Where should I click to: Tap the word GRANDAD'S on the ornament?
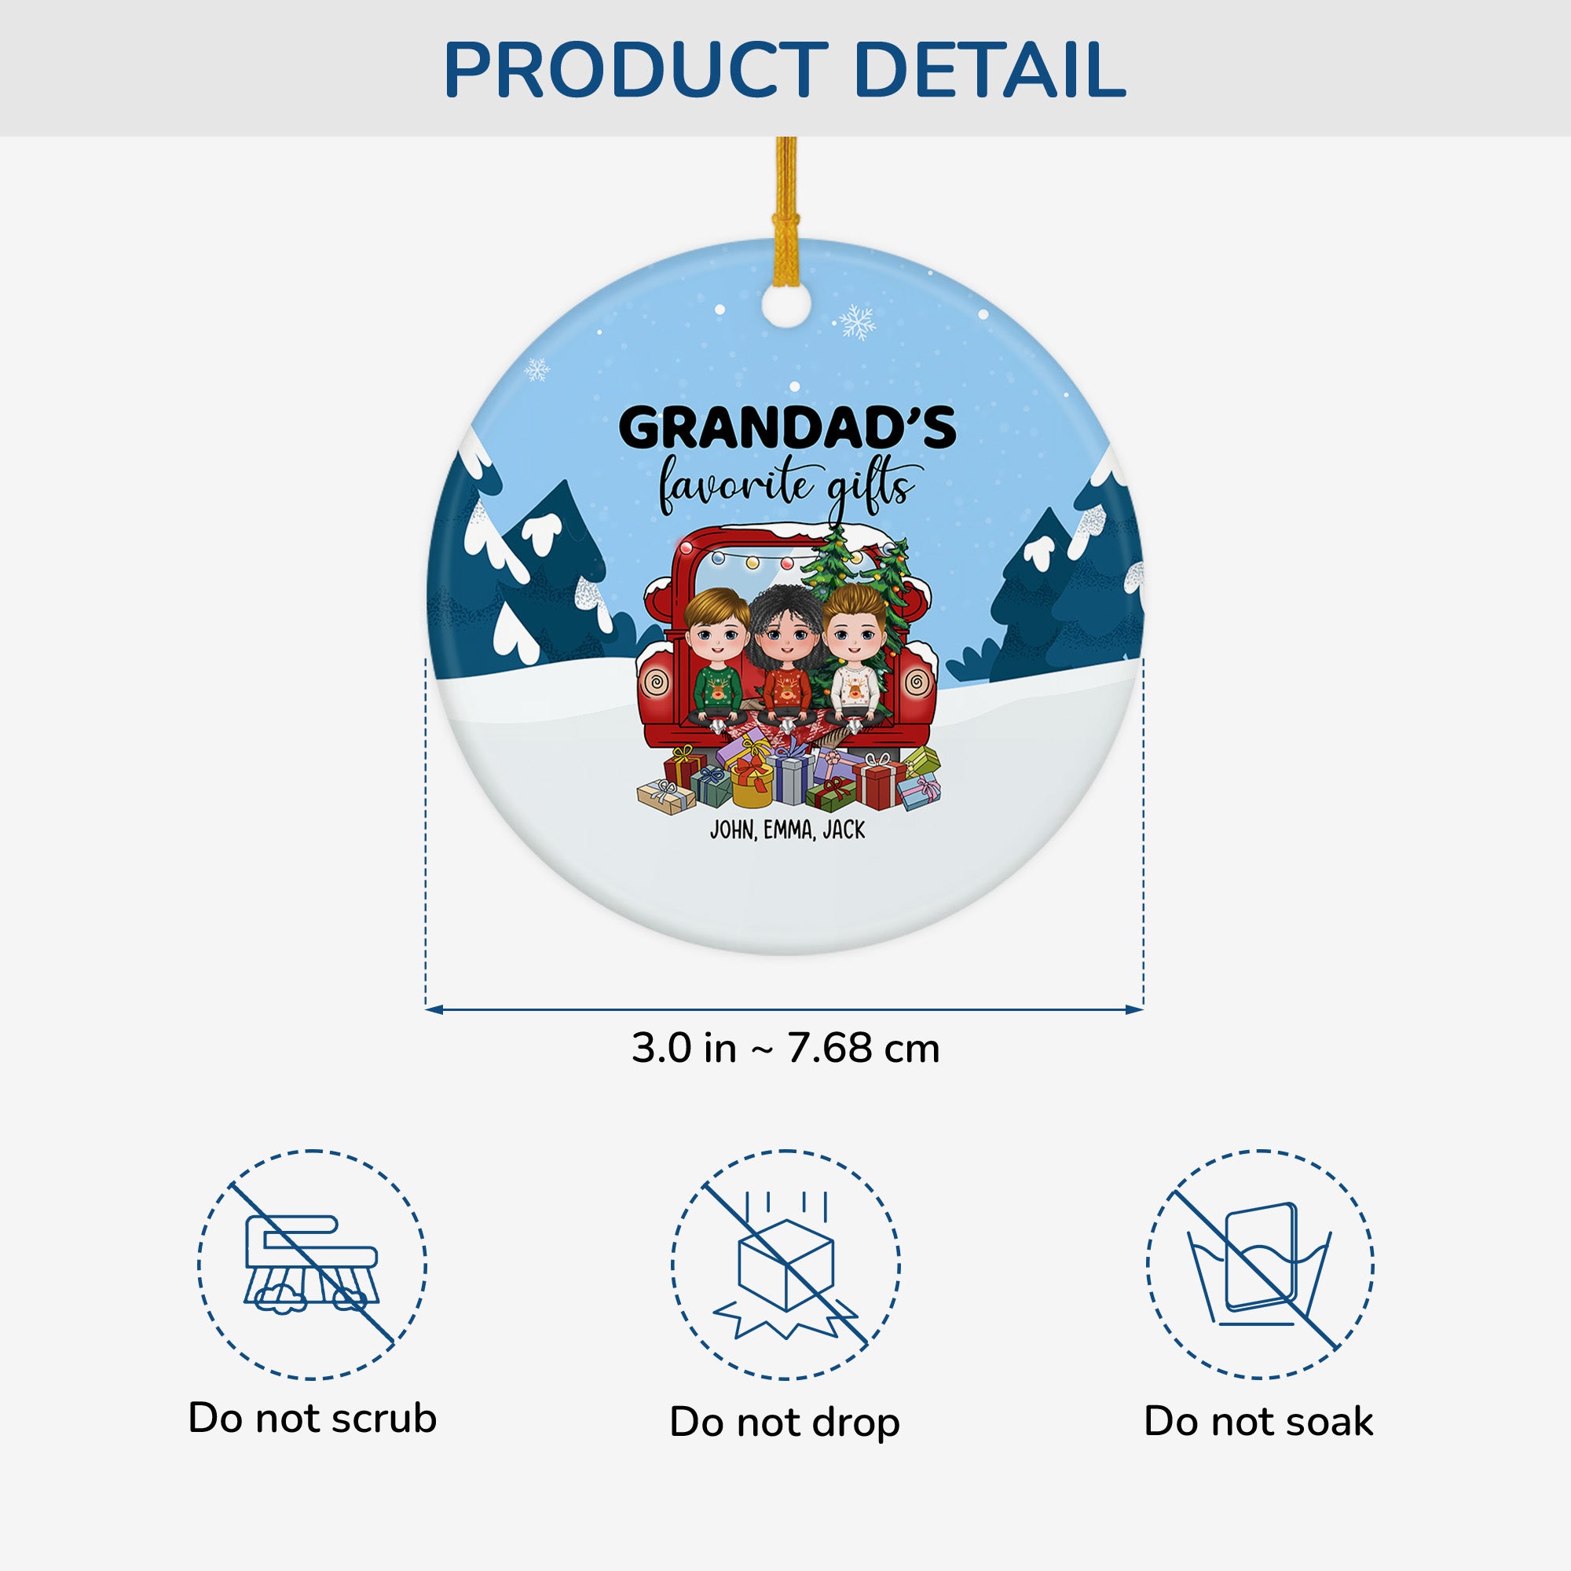click(x=787, y=428)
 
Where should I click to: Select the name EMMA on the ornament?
click(x=789, y=830)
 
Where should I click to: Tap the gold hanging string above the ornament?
click(x=785, y=211)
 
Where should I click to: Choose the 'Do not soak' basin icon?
click(x=1261, y=1265)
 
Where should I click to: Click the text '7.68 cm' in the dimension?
click(x=863, y=1048)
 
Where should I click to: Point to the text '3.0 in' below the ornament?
click(x=684, y=1048)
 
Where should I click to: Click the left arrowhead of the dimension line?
click(x=434, y=1010)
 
